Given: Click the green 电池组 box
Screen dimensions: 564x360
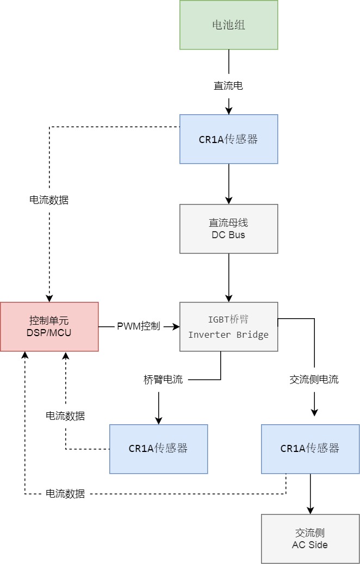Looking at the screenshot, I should point(228,25).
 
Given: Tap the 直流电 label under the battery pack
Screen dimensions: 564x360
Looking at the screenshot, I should point(228,85).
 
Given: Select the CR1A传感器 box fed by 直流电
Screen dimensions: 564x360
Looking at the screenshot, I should point(228,139).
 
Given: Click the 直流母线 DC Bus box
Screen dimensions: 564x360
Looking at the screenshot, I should point(228,229).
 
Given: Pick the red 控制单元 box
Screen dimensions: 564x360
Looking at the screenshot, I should point(49,326).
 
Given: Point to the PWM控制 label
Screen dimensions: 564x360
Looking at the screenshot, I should point(139,326).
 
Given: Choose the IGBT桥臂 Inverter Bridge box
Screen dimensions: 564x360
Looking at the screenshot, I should point(228,326).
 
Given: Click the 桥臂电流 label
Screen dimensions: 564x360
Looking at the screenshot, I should point(159,380).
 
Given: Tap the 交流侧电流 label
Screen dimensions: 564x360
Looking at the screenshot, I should point(314,380).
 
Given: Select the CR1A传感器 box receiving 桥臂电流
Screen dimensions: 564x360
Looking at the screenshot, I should point(158,449).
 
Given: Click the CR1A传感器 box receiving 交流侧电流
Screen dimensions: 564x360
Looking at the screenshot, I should point(310,449).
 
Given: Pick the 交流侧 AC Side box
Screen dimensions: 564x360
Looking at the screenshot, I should point(310,538).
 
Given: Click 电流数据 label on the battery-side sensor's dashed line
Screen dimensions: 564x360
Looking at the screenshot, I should point(49,200).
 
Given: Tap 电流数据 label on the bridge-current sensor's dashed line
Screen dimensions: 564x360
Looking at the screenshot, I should point(65,416).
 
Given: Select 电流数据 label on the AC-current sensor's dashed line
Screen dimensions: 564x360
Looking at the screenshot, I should point(65,494).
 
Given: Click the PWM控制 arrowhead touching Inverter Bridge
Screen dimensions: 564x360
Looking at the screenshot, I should point(176,326).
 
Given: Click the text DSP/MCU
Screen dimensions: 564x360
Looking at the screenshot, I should point(49,332).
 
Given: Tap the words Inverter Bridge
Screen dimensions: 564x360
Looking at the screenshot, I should point(228,334).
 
